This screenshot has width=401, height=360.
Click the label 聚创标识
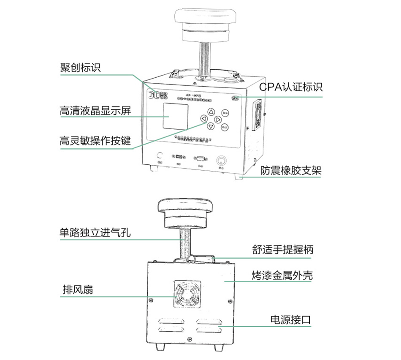click(80, 68)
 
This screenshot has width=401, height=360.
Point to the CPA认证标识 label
click(291, 87)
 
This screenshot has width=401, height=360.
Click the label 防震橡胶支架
click(291, 170)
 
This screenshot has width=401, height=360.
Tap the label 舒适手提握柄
click(280, 249)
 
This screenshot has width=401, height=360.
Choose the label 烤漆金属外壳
click(280, 276)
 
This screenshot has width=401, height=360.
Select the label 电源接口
click(290, 319)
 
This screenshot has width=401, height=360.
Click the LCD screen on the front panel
click(176, 116)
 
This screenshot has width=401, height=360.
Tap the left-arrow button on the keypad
click(204, 120)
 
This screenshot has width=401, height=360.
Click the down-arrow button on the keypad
click(211, 126)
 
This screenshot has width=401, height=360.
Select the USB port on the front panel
click(178, 157)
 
